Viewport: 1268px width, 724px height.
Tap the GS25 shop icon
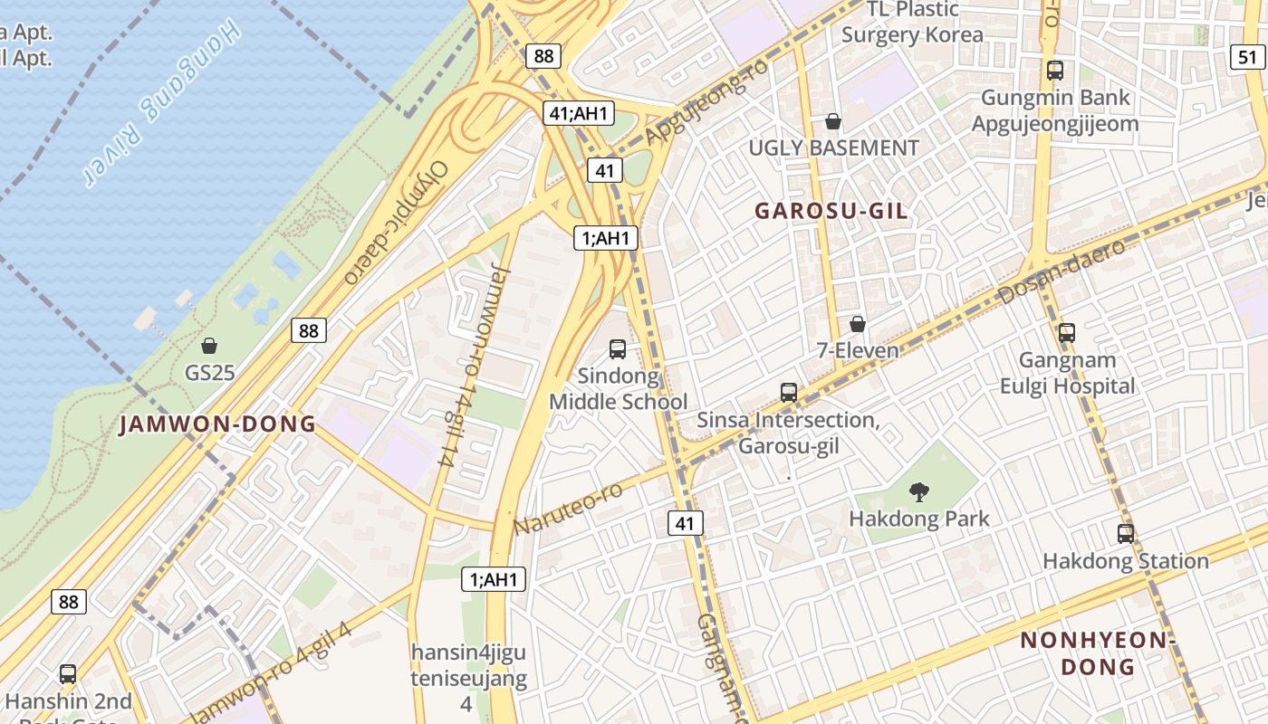[x=209, y=346]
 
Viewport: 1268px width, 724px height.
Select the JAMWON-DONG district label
[x=217, y=424]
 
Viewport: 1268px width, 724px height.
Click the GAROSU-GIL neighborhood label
[x=831, y=211]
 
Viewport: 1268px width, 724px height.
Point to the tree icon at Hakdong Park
[x=919, y=492]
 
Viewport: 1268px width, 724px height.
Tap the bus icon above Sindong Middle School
[x=618, y=348]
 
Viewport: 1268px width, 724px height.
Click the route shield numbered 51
[x=1247, y=57]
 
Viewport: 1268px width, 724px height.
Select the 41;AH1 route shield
[x=580, y=113]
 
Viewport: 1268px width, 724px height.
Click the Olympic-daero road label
[x=397, y=223]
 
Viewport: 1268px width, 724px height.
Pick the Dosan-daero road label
[x=1061, y=271]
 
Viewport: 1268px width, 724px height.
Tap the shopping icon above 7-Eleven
[x=857, y=324]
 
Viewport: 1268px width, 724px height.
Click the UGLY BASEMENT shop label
[x=833, y=148]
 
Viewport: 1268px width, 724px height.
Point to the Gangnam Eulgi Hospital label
[x=1067, y=373]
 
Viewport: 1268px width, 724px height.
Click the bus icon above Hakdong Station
[x=1125, y=534]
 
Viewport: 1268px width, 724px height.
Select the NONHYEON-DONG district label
[x=1097, y=653]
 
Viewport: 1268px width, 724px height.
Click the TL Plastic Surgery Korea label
[x=912, y=23]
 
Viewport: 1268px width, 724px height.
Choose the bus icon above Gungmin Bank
[x=1054, y=70]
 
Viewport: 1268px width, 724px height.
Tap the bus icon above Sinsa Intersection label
[x=788, y=393]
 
